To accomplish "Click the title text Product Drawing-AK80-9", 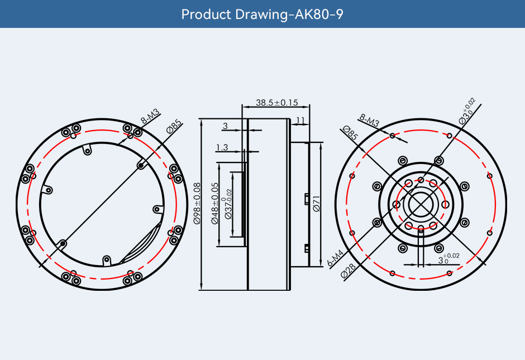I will tap(262, 14).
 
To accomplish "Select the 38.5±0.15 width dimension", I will tap(276, 102).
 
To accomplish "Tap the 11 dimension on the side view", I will tap(300, 120).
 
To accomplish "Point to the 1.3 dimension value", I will tap(222, 147).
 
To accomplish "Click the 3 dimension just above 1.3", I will tap(225, 127).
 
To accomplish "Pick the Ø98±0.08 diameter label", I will tap(197, 204).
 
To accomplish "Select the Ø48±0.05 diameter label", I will tap(214, 204).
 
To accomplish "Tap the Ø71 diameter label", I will tap(316, 203).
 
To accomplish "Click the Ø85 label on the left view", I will tap(174, 127).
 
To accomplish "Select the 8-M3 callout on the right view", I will tap(369, 119).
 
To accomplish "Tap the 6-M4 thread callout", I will tap(335, 257).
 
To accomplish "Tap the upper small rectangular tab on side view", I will tap(307, 198).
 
